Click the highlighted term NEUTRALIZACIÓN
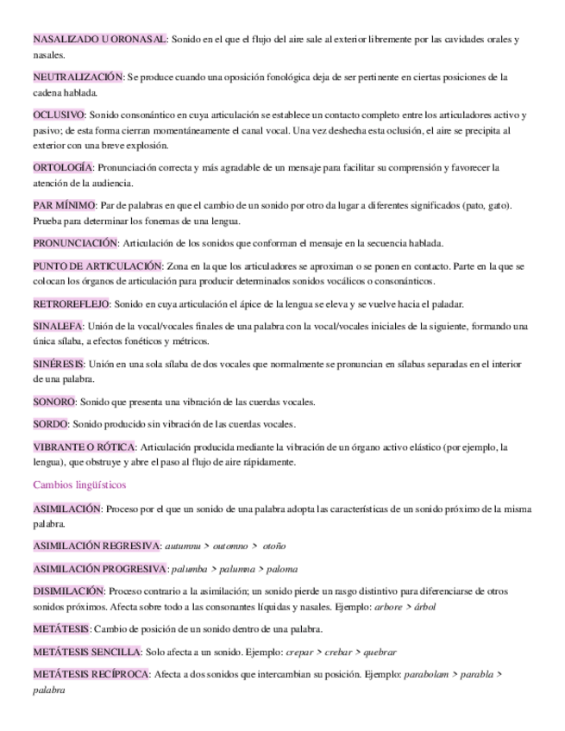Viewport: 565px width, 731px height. coord(78,77)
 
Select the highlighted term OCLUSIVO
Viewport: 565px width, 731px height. coord(59,115)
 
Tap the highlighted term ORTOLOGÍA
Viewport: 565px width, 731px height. coord(63,167)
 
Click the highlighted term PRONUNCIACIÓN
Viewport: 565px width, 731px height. coord(75,243)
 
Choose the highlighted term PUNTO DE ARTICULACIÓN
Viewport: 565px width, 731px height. coord(97,266)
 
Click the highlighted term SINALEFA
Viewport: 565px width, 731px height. coord(58,327)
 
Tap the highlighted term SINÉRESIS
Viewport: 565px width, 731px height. coord(59,365)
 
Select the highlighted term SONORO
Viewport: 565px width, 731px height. coord(54,402)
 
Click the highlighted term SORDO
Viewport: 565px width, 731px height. coord(50,424)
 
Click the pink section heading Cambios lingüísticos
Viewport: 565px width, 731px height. coord(79,484)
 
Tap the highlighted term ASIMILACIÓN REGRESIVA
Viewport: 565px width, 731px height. coord(97,546)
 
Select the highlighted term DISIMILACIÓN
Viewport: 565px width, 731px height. coord(67,591)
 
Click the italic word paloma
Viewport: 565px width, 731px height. coord(282,569)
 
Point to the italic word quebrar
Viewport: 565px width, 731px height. coord(380,652)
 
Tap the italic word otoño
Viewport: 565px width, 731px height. coord(274,546)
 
